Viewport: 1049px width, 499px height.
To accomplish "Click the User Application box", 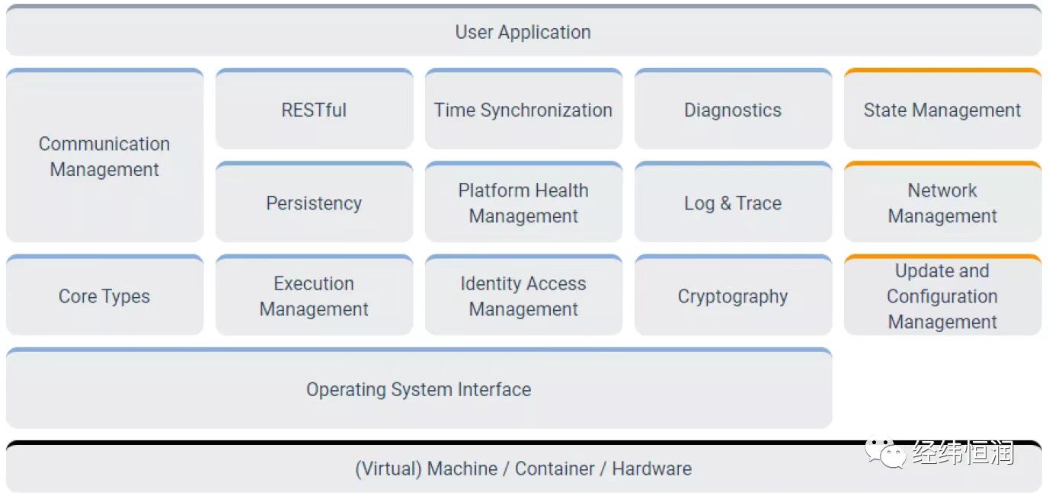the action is click(523, 30).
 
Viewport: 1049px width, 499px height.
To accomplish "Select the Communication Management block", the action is click(104, 155).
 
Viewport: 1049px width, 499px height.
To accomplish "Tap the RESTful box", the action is click(314, 109).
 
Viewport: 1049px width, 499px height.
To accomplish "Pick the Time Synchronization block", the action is click(523, 109).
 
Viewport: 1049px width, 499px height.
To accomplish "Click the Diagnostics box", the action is click(734, 109).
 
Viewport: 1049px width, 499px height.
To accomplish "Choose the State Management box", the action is click(942, 109).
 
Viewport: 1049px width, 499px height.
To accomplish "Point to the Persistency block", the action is click(314, 202).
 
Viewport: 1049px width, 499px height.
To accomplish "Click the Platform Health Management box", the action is click(523, 202).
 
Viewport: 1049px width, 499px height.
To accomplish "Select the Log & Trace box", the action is click(734, 202).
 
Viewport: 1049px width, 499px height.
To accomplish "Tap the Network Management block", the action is click(942, 202).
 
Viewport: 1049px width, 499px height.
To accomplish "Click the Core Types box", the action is click(104, 295).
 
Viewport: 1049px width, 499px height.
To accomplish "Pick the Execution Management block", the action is click(314, 295).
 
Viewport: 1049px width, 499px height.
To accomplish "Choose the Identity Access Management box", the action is click(523, 295).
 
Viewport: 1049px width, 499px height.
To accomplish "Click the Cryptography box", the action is click(734, 295).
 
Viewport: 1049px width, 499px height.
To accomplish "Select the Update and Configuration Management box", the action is click(942, 295).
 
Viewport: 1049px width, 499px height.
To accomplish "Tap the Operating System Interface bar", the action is click(419, 388).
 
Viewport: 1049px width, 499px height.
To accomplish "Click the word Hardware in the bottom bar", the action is click(652, 469).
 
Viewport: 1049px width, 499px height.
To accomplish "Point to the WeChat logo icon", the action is click(884, 453).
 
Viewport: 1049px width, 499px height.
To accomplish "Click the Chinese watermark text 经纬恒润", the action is click(964, 453).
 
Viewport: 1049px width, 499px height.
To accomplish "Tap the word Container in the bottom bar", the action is click(555, 469).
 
